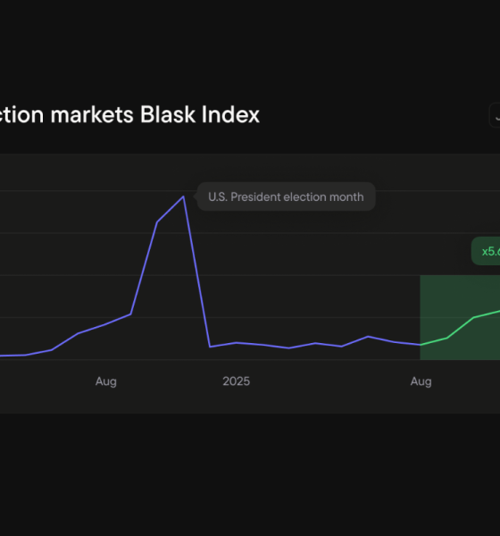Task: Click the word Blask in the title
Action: tap(166, 115)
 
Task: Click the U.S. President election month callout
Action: tap(286, 197)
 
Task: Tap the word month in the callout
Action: tap(346, 197)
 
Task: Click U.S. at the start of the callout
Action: tap(218, 197)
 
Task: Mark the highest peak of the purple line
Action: tap(183, 197)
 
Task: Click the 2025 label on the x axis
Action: tap(236, 381)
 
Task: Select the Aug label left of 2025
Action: tap(106, 381)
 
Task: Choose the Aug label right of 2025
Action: tap(421, 381)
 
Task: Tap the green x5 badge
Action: tap(487, 251)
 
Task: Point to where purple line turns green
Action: tap(421, 344)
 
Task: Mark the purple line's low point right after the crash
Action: tap(210, 347)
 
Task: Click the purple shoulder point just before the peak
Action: tap(157, 222)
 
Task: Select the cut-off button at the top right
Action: tap(494, 115)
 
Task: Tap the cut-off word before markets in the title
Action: tap(27, 115)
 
